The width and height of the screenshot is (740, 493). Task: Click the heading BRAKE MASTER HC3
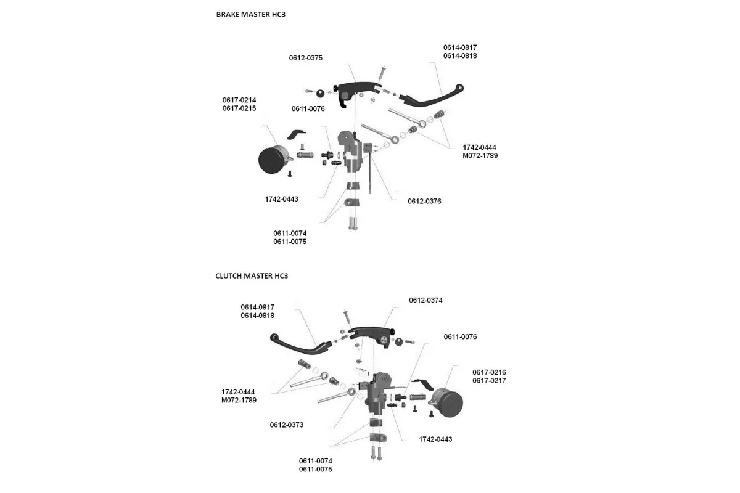pyautogui.click(x=250, y=14)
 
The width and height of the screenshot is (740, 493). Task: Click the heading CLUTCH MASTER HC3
pyautogui.click(x=252, y=276)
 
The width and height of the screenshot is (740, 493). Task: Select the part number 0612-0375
pyautogui.click(x=306, y=58)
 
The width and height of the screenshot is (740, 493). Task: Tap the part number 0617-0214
pyautogui.click(x=239, y=100)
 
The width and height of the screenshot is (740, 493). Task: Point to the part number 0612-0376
pyautogui.click(x=424, y=202)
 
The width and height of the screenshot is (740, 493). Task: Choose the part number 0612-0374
pyautogui.click(x=425, y=300)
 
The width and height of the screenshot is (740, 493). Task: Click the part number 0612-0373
pyautogui.click(x=287, y=425)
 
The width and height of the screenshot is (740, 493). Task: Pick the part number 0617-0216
pyautogui.click(x=489, y=372)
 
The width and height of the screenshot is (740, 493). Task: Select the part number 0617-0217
pyautogui.click(x=489, y=381)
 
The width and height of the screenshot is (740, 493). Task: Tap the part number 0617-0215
pyautogui.click(x=239, y=108)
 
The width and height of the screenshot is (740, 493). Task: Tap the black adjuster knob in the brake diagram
pyautogui.click(x=321, y=94)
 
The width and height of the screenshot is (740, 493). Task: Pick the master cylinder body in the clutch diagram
pyautogui.click(x=377, y=394)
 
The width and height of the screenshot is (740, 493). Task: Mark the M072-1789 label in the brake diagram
pyautogui.click(x=480, y=156)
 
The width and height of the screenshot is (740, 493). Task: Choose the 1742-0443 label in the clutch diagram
pyautogui.click(x=435, y=439)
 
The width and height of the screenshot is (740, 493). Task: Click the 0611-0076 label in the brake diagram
pyautogui.click(x=309, y=109)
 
